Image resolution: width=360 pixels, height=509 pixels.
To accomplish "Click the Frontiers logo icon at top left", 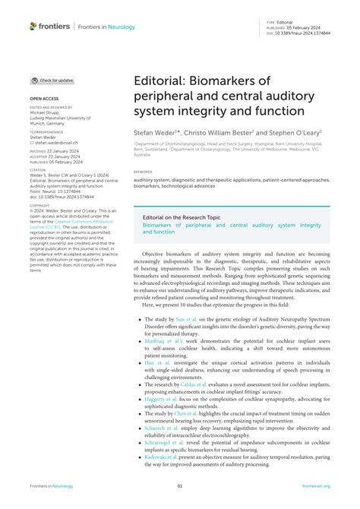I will (33, 26).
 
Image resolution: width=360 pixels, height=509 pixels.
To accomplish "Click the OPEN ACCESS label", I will (44, 99).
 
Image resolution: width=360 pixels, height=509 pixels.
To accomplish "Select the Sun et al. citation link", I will (185, 322).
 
